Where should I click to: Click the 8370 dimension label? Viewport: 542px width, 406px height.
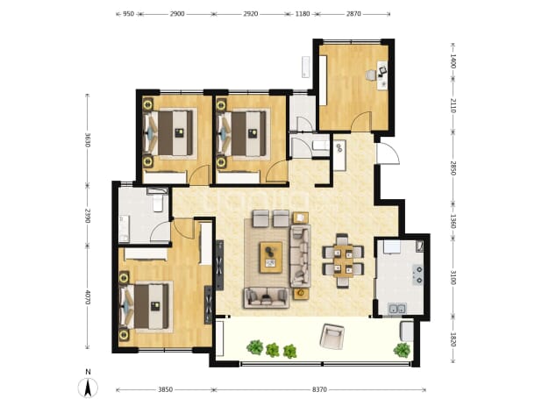point(319,389)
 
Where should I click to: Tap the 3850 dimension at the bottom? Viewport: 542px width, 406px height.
point(165,389)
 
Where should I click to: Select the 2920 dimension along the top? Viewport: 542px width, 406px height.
point(251,14)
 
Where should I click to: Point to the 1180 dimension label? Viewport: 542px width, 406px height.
point(303,14)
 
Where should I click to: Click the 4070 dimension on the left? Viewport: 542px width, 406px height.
point(87,296)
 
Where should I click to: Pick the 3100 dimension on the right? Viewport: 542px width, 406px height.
point(453,277)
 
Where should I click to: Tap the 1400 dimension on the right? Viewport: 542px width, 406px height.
point(453,61)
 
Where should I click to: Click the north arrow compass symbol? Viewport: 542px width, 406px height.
point(89,387)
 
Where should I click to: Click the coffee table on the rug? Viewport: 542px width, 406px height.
point(271,258)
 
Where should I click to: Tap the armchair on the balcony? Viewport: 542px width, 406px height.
point(332,335)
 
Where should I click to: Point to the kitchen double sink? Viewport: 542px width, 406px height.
point(397,308)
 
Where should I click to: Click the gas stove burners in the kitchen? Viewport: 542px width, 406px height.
point(418,274)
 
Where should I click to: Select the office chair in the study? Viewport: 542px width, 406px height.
point(371,75)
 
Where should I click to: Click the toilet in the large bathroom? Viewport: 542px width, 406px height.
point(158,203)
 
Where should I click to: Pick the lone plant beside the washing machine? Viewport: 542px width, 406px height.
point(402,350)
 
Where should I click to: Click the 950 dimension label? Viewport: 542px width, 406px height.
point(128,14)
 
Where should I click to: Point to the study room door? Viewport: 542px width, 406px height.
point(362,121)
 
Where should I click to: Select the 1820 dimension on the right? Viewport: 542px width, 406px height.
point(453,339)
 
